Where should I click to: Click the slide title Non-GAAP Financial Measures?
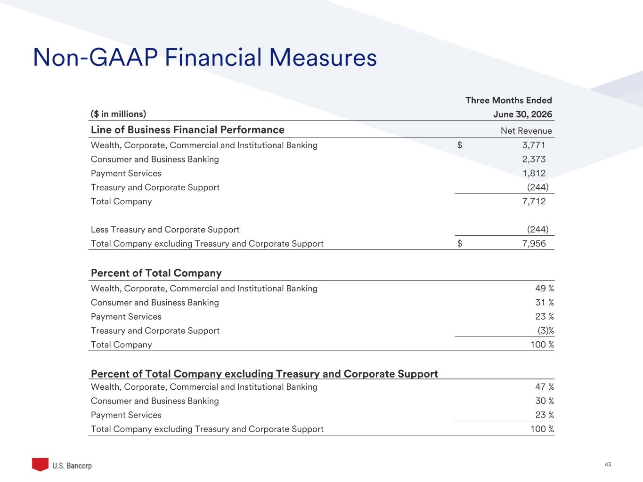(x=205, y=57)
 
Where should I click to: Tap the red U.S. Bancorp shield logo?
(x=40, y=464)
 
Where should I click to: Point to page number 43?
(x=608, y=465)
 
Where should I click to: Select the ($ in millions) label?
(x=118, y=114)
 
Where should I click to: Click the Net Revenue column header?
(x=526, y=130)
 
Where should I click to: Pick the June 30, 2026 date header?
(x=522, y=114)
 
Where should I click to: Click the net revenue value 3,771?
(x=534, y=145)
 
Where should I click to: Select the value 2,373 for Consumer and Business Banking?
(x=534, y=159)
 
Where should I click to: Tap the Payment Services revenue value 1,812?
(x=534, y=173)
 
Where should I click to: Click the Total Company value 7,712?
(x=534, y=201)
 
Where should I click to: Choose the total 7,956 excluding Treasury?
(x=534, y=243)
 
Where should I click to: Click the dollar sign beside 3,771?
(x=460, y=145)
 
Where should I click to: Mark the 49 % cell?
(x=545, y=288)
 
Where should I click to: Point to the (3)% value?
(x=546, y=331)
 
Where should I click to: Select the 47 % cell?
(x=545, y=387)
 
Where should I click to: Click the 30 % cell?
(x=545, y=401)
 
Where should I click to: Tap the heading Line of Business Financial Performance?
(x=187, y=129)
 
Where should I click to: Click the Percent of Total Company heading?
(x=156, y=273)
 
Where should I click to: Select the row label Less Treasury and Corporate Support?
(x=165, y=230)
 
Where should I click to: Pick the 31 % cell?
(x=545, y=302)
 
